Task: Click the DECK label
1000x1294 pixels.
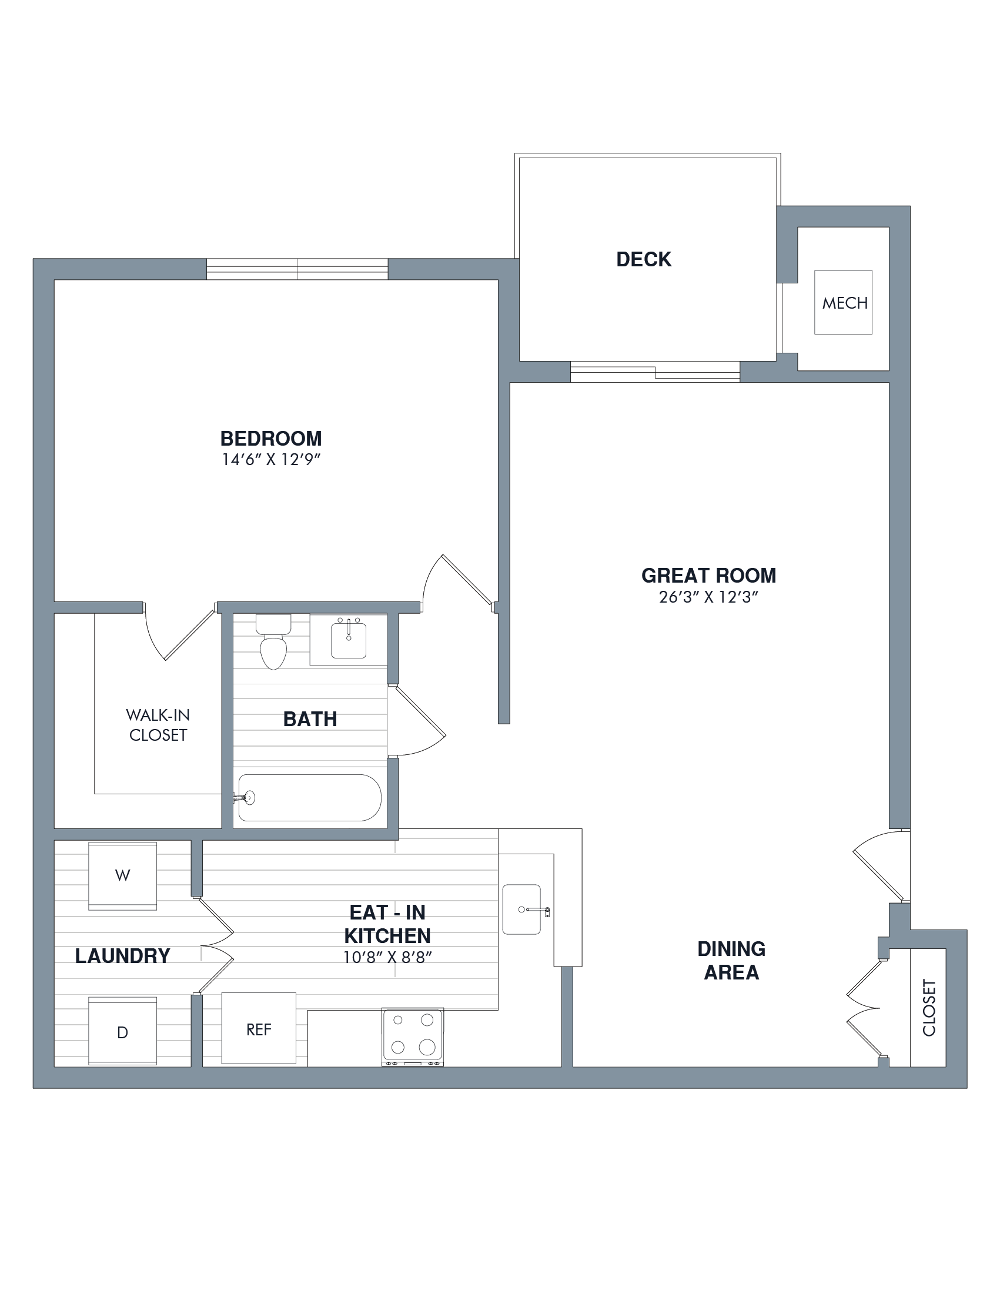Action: tap(643, 259)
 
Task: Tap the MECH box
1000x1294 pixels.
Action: tap(843, 302)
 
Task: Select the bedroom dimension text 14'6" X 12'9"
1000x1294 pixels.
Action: tap(271, 460)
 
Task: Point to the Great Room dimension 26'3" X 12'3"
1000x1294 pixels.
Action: tap(708, 597)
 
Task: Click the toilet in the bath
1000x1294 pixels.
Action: tap(273, 641)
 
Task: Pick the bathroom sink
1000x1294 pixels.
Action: tap(349, 640)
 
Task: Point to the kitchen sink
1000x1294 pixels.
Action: tap(522, 910)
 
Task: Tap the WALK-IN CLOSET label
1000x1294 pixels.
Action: tap(158, 725)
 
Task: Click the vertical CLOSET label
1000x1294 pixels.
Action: tap(929, 1007)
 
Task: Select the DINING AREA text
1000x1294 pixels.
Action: tap(731, 961)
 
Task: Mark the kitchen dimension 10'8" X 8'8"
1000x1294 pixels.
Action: tap(387, 958)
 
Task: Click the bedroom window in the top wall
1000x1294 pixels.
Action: tap(297, 269)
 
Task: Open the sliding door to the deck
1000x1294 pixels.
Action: tap(655, 372)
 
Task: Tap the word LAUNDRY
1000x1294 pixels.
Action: tap(123, 956)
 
